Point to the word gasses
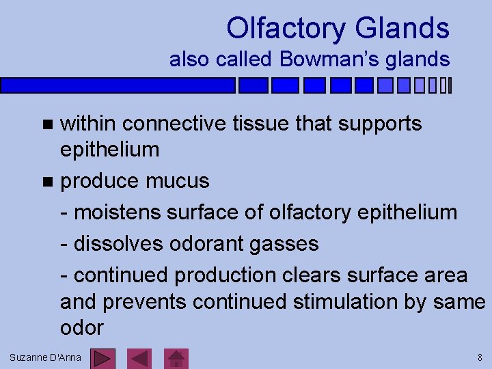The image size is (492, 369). click(x=290, y=244)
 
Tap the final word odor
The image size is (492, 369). click(x=81, y=327)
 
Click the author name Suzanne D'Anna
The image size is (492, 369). click(x=45, y=357)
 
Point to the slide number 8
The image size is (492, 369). click(x=480, y=357)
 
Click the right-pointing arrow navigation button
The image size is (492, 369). click(x=103, y=358)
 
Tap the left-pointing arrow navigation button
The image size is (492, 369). click(x=140, y=358)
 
